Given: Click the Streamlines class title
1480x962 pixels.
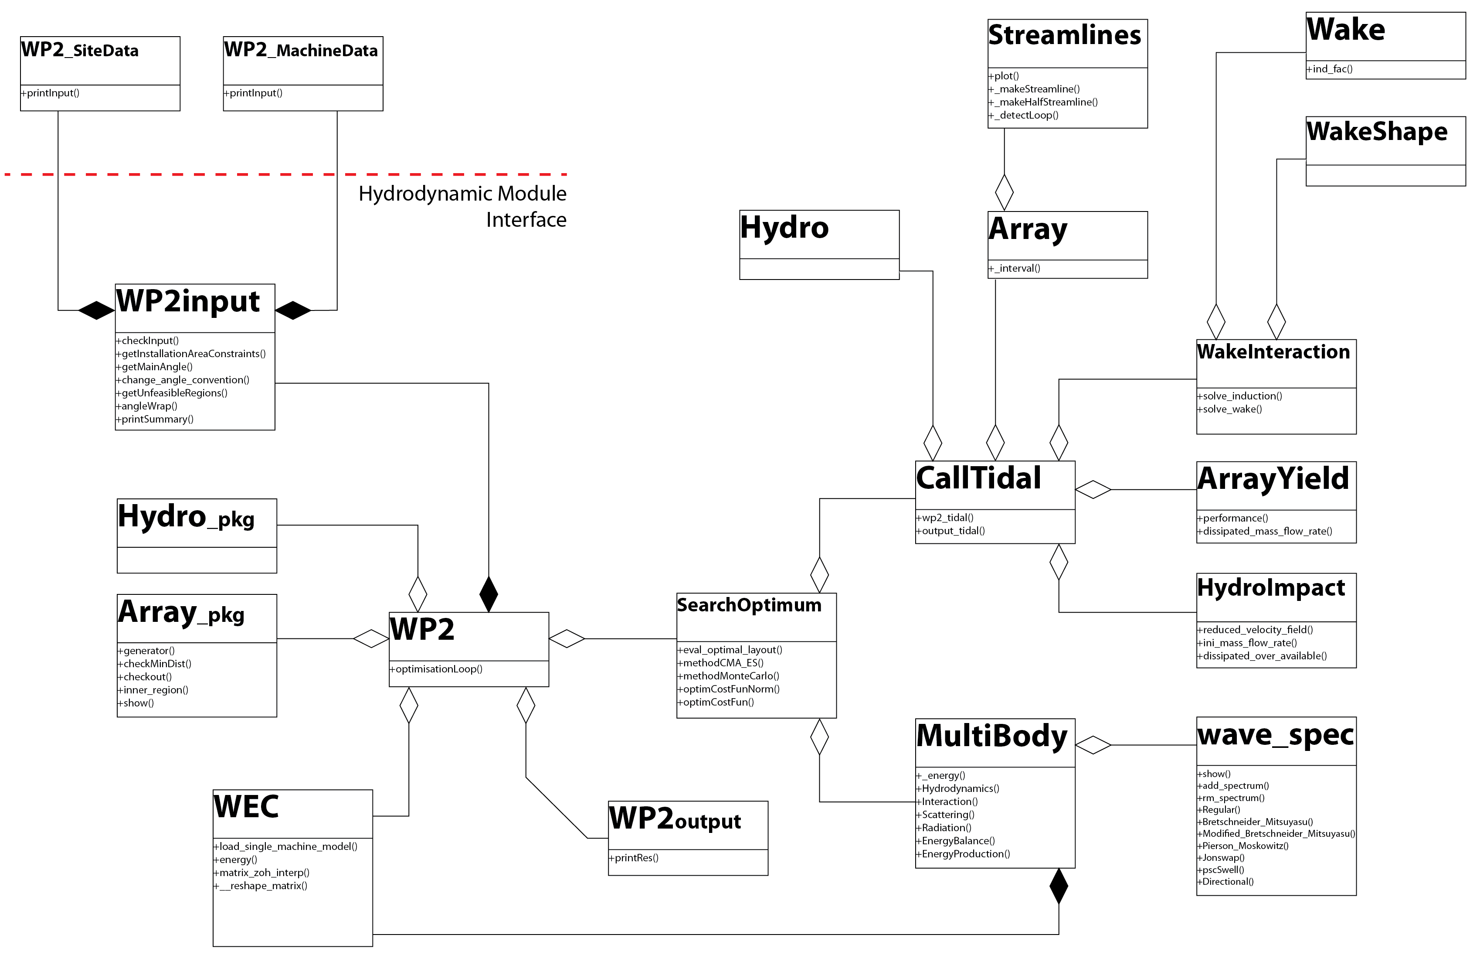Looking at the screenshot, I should coord(1065,35).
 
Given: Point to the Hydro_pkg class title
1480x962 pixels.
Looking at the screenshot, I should coord(186,517).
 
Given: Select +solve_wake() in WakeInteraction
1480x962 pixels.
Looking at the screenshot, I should coord(1231,409).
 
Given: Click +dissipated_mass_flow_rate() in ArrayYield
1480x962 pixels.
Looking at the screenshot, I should coord(1266,532).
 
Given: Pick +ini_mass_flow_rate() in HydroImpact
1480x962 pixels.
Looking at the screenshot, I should coord(1249,643).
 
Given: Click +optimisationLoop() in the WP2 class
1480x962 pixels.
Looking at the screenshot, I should coord(437,669).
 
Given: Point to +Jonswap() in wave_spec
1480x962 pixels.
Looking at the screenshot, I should coord(1222,857).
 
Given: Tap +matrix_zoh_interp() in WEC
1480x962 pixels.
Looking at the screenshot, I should coord(262,873).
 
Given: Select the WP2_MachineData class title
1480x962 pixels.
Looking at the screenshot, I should coord(301,51).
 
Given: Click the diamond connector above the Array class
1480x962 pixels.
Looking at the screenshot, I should coord(1004,192).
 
